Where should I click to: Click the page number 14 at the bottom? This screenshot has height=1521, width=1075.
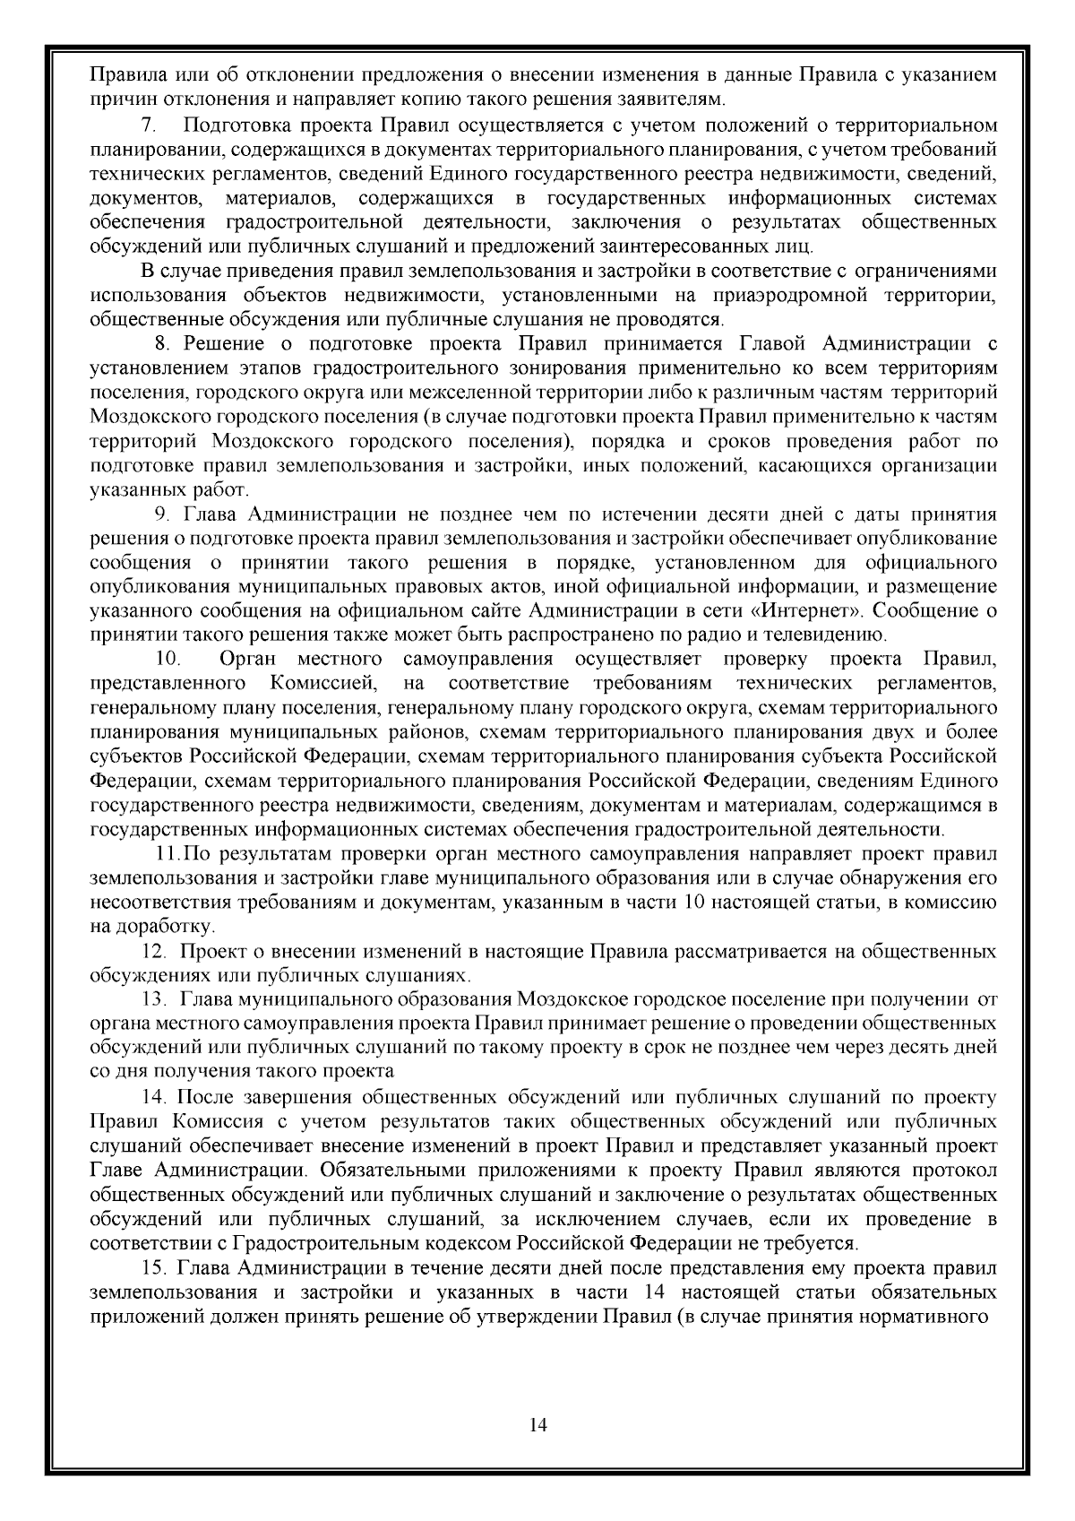coord(538,1424)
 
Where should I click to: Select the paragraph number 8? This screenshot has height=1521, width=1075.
coord(162,343)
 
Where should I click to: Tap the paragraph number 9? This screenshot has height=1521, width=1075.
coord(162,514)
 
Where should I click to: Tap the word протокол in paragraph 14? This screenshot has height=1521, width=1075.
coord(953,1171)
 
